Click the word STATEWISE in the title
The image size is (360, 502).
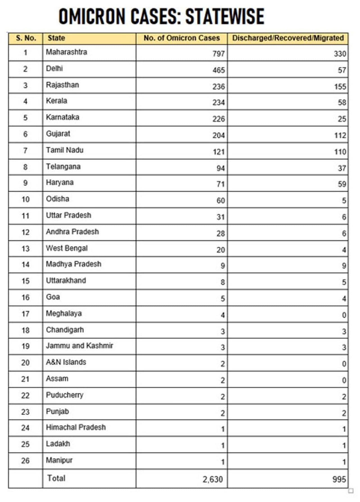225,16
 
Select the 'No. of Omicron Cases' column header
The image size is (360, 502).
181,38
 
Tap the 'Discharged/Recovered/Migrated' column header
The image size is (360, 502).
288,38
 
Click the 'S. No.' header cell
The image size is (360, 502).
26,38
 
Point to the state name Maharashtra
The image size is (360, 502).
66,52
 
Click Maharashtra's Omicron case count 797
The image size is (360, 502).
219,54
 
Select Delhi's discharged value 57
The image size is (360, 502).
342,70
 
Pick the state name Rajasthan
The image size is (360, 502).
62,85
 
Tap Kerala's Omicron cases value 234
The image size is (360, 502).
219,103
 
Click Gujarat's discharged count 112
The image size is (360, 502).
340,135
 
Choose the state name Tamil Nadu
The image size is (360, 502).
65,150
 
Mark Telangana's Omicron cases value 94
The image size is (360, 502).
220,168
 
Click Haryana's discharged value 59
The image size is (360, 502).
342,184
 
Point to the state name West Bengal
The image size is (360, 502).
67,248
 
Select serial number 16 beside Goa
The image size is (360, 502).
26,297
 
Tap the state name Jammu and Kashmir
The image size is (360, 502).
80,346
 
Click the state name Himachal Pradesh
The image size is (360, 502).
76,428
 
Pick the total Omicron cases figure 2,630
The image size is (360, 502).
213,479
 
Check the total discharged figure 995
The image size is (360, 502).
339,479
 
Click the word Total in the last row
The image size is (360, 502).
56,478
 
